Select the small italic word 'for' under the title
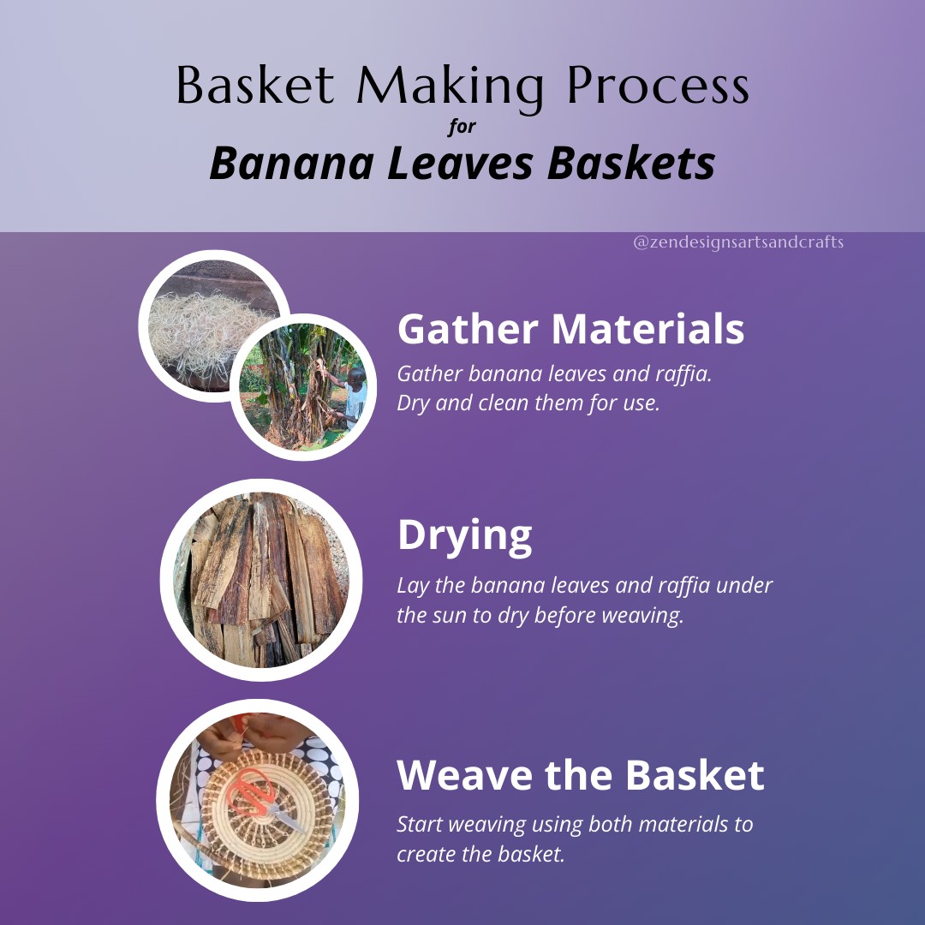point(462,128)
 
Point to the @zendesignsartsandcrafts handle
point(737,242)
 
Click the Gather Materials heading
point(570,328)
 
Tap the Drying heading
point(464,534)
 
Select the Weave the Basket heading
point(580,774)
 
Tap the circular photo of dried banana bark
point(260,580)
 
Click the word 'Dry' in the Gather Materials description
point(413,403)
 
